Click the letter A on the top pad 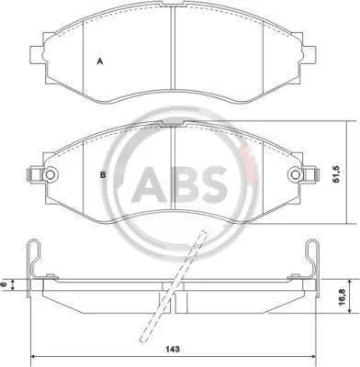(99, 61)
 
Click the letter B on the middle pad (103, 175)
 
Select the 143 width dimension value (173, 349)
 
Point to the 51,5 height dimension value (336, 173)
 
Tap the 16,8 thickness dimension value (343, 296)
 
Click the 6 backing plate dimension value (4, 284)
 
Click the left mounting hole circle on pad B (50, 174)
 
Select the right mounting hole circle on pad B (296, 174)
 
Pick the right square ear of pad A (309, 54)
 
